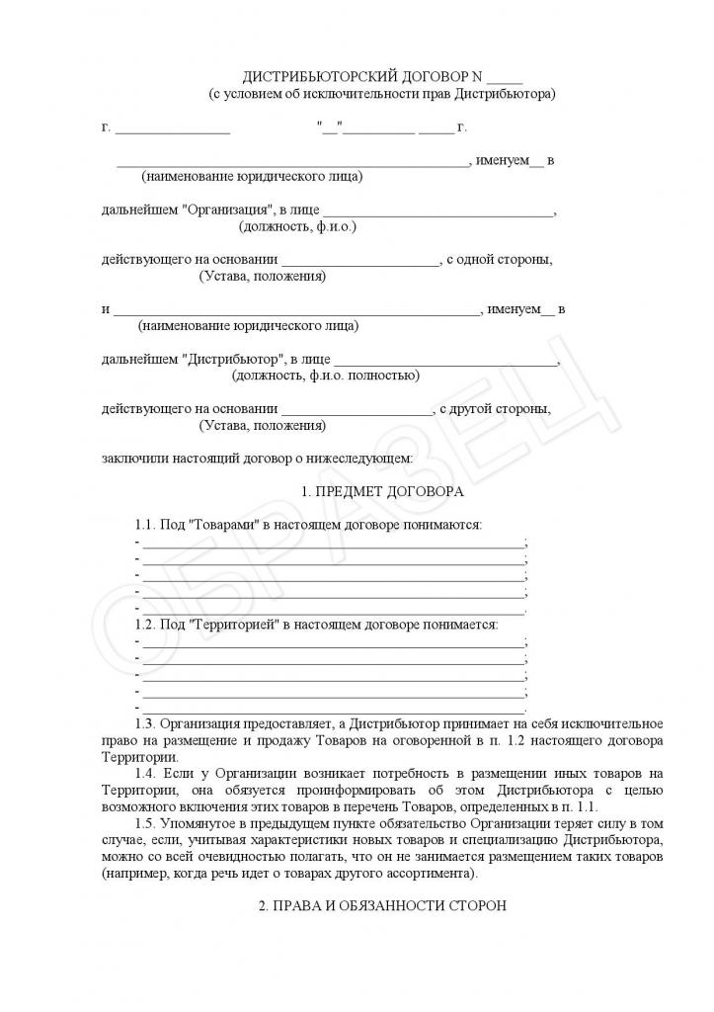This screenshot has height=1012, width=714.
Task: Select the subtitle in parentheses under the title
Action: click(x=381, y=94)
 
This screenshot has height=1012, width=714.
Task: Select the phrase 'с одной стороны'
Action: click(x=505, y=260)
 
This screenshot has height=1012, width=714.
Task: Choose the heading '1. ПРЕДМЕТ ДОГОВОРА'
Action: click(x=381, y=491)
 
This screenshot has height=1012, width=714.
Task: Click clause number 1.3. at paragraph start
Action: click(x=145, y=724)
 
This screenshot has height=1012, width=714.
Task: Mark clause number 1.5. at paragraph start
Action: click(x=145, y=824)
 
